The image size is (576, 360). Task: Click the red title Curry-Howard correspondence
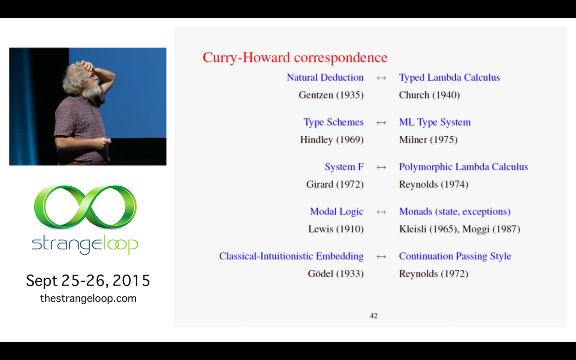tap(295, 58)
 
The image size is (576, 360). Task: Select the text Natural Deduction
tap(325, 77)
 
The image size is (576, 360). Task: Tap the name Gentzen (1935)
tap(331, 95)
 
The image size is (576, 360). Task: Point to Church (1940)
tap(429, 95)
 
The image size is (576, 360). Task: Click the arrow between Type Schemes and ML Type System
tap(381, 123)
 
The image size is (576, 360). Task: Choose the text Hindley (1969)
tap(332, 140)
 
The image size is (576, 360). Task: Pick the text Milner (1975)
tap(428, 140)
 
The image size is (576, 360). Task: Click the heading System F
tap(344, 167)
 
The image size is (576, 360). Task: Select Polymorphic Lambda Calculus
tap(463, 167)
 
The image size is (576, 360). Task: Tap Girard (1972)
tap(335, 184)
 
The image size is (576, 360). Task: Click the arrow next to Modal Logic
tap(381, 212)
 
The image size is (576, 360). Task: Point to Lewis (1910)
tap(336, 229)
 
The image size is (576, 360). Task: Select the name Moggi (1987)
tap(491, 229)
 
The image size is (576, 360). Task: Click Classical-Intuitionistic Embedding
tap(291, 256)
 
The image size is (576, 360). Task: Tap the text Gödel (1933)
tap(336, 274)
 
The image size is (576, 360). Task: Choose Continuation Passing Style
tap(455, 256)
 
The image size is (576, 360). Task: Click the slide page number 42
tap(373, 316)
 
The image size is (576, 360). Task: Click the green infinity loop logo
tap(85, 207)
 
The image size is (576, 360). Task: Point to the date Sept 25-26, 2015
tap(88, 280)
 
